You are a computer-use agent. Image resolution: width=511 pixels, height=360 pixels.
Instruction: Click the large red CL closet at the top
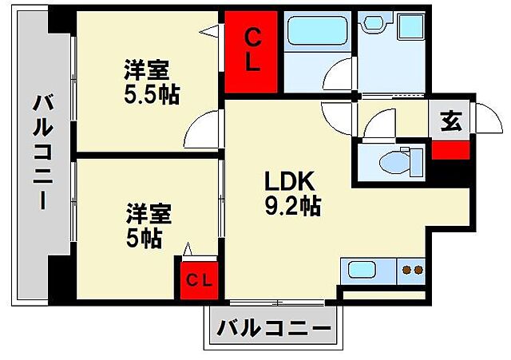[x=252, y=52]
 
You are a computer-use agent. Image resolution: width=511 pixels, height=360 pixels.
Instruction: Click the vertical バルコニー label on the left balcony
[x=42, y=152]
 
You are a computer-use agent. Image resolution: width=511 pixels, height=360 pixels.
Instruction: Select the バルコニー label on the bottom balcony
[x=274, y=327]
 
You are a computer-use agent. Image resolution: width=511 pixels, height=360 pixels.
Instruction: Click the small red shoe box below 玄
[x=450, y=149]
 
